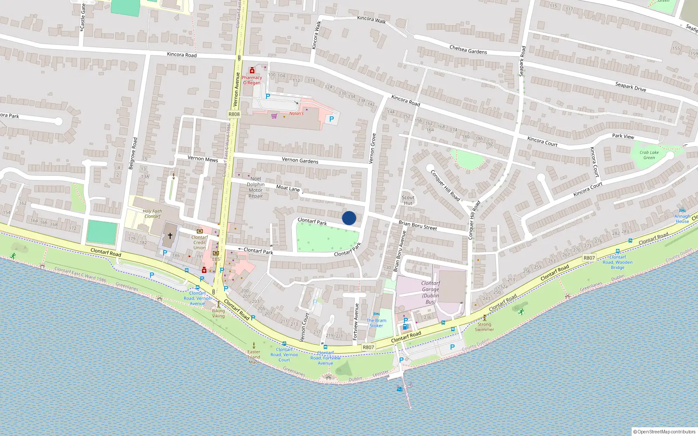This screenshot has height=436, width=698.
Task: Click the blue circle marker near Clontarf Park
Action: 349,218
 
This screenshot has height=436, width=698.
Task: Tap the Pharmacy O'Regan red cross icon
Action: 252,71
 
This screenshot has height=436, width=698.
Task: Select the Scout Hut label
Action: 408,200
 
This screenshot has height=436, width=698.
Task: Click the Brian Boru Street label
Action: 417,225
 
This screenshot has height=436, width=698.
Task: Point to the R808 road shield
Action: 234,114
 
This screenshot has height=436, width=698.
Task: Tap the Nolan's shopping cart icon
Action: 274,116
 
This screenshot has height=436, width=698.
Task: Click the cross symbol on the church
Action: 170,236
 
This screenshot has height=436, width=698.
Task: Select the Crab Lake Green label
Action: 649,155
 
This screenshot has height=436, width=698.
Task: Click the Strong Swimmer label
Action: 484,327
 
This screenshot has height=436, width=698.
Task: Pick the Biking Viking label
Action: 219,313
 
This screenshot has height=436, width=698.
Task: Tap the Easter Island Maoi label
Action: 254,357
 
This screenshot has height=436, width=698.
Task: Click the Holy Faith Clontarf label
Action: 152,214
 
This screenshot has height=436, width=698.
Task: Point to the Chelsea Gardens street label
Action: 468,50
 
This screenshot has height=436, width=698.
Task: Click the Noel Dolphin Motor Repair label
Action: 256,187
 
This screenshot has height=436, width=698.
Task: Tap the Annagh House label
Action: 682,218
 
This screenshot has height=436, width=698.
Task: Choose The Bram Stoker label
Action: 376,323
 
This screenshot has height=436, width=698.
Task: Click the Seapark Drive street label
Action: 630,86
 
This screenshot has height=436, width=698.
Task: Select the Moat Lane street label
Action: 288,188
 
